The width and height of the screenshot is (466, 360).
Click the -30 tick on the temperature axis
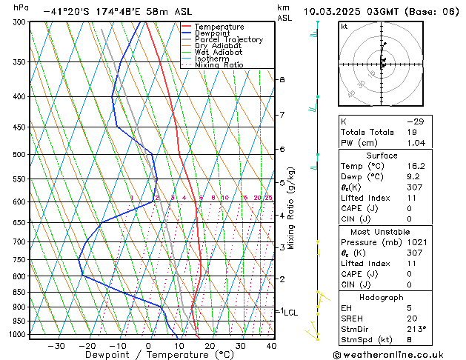[56, 346]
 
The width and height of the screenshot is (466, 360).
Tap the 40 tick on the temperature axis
[271, 346]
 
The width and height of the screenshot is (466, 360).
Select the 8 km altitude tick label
[282, 79]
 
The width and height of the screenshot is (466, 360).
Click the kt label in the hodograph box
[344, 26]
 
